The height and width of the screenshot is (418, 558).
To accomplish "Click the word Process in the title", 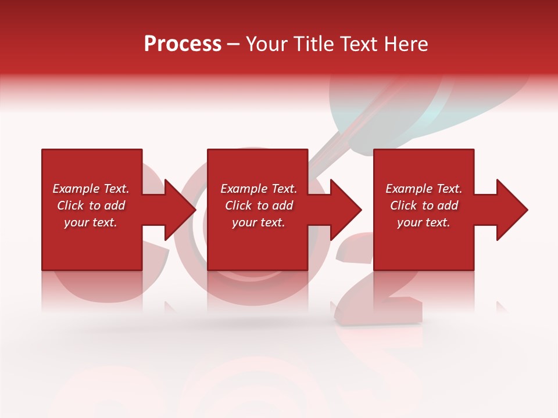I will pos(183,44).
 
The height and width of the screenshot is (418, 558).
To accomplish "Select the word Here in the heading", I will pos(407,44).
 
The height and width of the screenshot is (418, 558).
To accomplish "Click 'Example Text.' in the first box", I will pos(91,189).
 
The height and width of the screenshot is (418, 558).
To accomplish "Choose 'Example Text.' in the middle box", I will pos(259,189).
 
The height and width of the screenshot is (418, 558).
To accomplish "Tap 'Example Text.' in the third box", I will pos(424,189).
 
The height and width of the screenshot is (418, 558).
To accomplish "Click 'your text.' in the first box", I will pos(91,222).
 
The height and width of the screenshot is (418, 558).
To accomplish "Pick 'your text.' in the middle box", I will pos(259,222).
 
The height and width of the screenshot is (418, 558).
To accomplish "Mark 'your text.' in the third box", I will pos(424,222).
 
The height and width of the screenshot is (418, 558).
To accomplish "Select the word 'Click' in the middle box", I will pos(239,206).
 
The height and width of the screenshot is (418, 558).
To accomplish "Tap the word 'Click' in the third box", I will pos(404,206).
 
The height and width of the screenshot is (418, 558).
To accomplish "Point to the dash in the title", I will pos(233,45).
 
